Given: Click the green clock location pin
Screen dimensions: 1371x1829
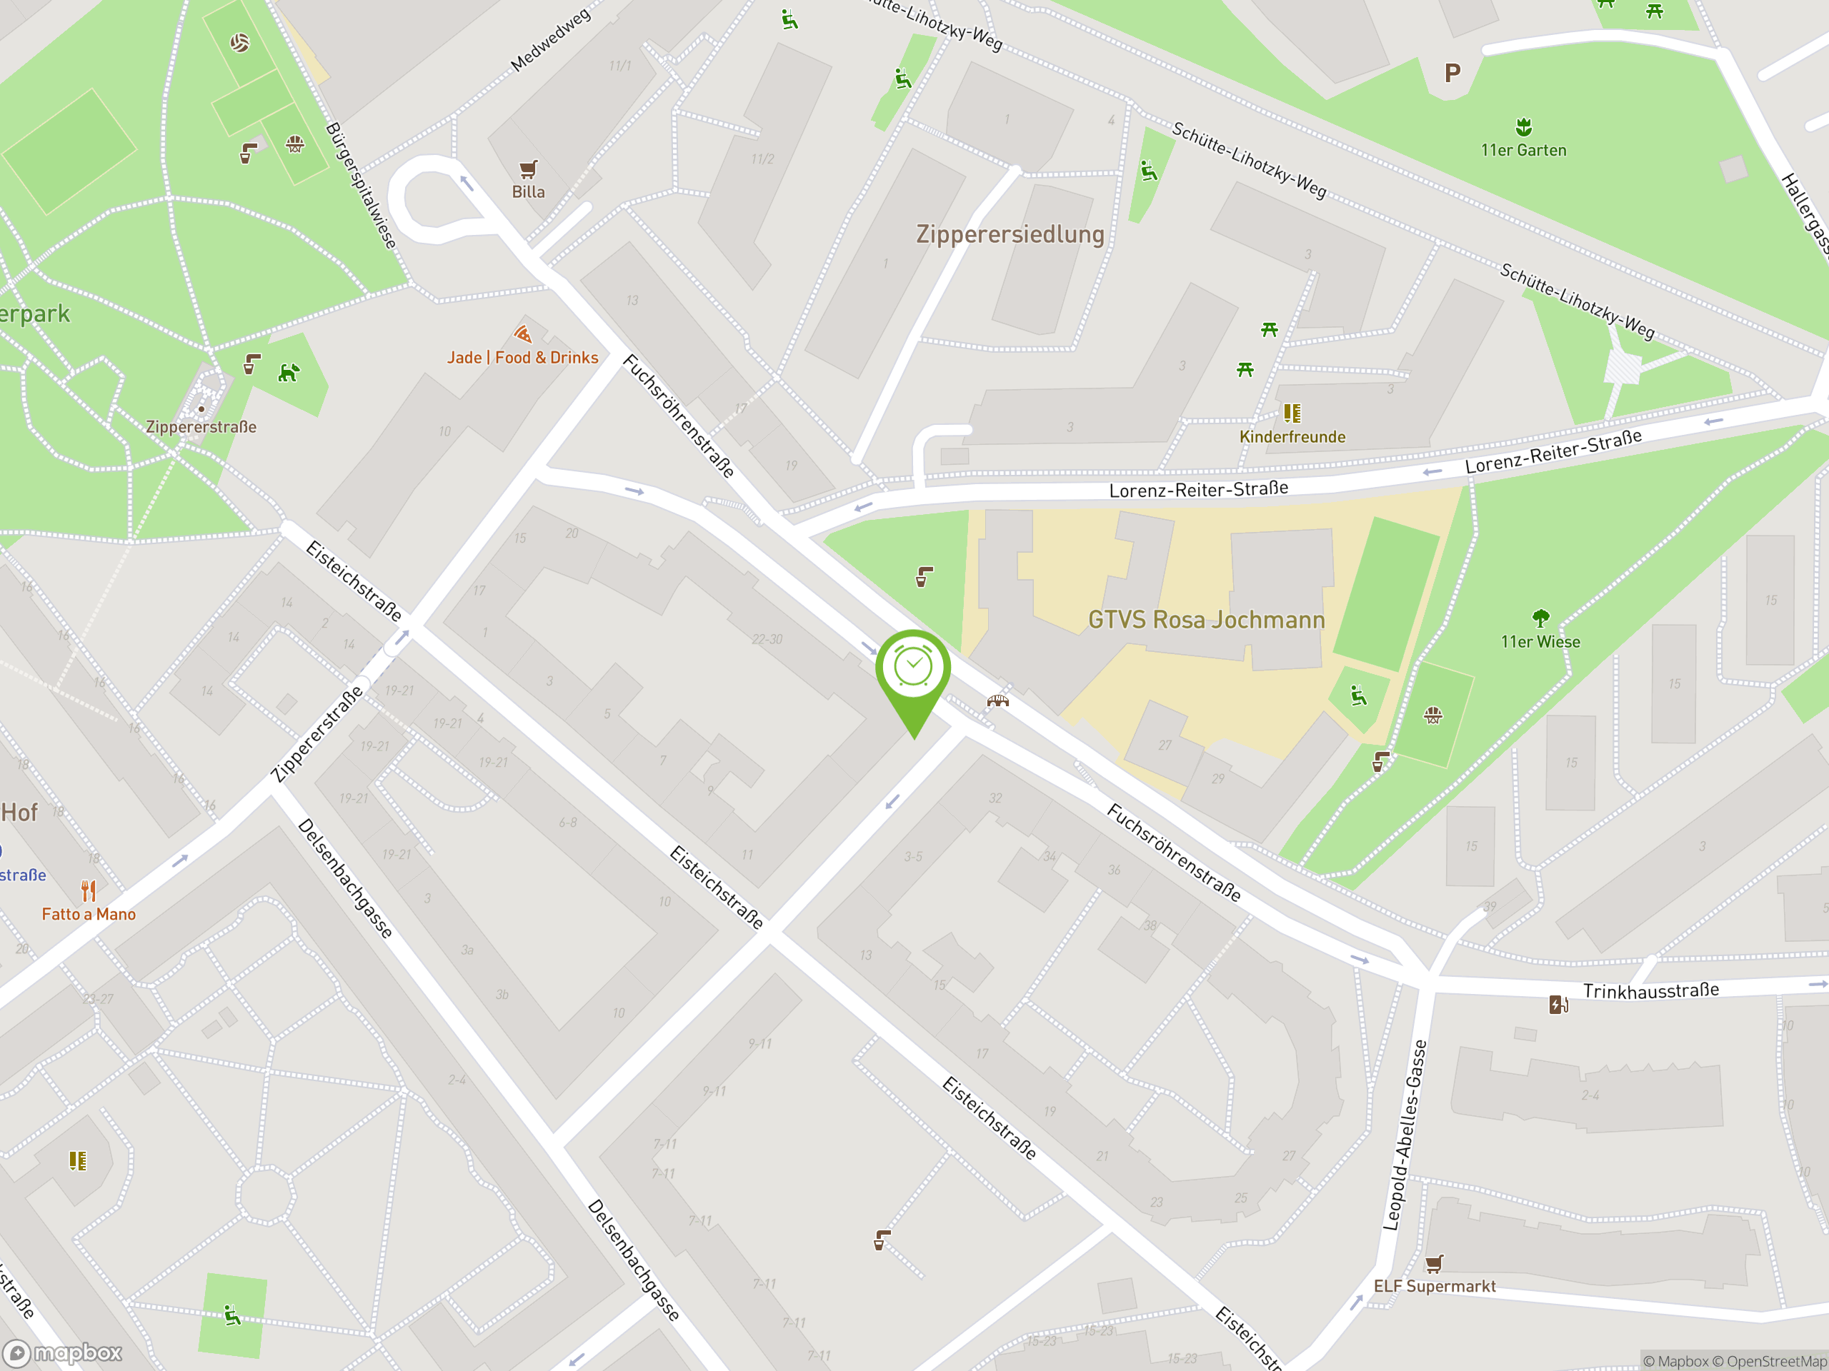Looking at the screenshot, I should (x=913, y=669).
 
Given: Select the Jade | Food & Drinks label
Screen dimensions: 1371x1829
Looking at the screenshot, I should (x=522, y=358).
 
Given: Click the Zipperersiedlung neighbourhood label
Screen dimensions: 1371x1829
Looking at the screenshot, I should (x=1010, y=235).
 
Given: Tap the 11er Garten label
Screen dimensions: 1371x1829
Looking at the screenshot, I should (x=1523, y=151).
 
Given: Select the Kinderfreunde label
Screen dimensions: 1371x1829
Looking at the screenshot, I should (x=1292, y=437).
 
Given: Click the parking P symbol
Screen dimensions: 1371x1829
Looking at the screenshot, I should (x=1452, y=74).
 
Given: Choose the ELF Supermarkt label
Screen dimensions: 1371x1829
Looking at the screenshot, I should (x=1435, y=1287).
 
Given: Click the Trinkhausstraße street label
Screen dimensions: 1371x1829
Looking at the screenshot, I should (x=1650, y=991).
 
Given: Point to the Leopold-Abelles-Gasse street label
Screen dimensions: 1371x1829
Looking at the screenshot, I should (x=1405, y=1135).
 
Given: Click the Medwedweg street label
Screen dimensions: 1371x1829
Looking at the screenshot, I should (x=550, y=40).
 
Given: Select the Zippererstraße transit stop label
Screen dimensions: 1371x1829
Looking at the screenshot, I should (x=201, y=427).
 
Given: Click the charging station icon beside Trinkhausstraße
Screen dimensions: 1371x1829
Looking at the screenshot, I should (x=1558, y=1005).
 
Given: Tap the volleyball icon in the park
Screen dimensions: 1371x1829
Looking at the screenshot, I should (x=240, y=42).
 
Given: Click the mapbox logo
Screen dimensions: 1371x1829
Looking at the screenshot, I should (x=64, y=1353).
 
